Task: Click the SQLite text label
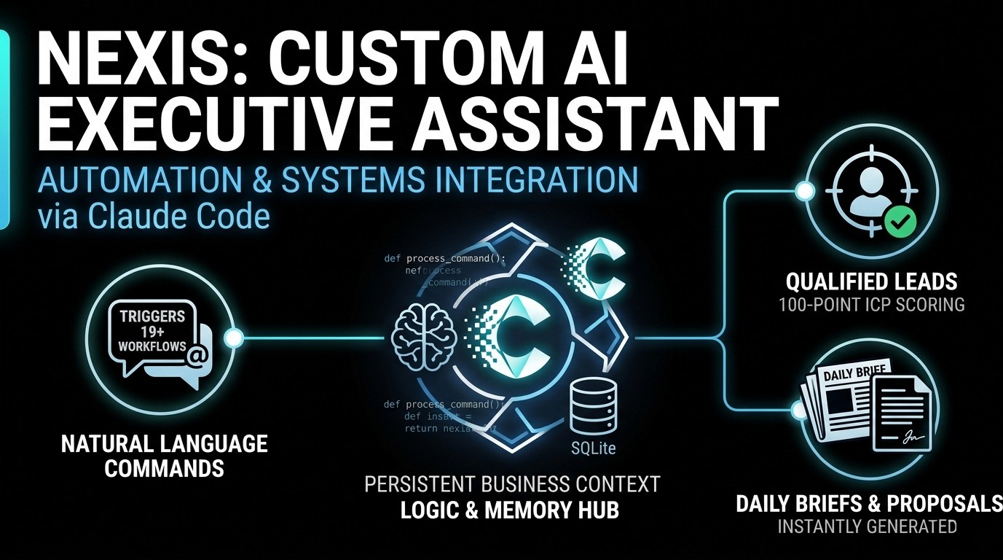(x=590, y=447)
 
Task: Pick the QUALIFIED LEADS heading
(x=870, y=281)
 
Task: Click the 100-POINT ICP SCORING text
(x=870, y=304)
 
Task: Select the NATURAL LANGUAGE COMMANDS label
(x=165, y=455)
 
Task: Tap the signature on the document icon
(x=908, y=437)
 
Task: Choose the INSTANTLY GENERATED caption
(x=867, y=526)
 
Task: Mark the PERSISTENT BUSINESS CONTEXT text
(x=512, y=483)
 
